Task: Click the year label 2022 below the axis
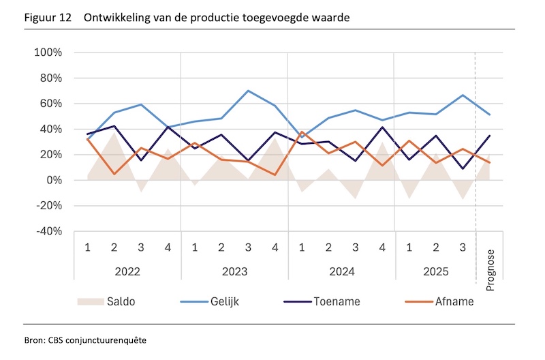click(x=127, y=271)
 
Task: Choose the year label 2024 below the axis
click(x=341, y=271)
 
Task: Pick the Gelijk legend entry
click(x=216, y=301)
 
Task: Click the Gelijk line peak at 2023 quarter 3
click(x=248, y=91)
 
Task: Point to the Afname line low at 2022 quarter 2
click(x=114, y=174)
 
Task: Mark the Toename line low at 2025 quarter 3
click(x=463, y=168)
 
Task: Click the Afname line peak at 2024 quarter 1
click(x=301, y=132)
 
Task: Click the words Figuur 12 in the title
click(x=46, y=18)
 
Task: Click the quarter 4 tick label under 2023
click(x=275, y=246)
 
